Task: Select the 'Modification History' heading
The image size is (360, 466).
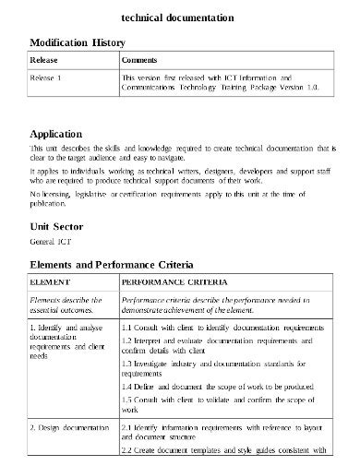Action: point(80,42)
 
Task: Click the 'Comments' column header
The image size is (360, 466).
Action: point(140,61)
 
